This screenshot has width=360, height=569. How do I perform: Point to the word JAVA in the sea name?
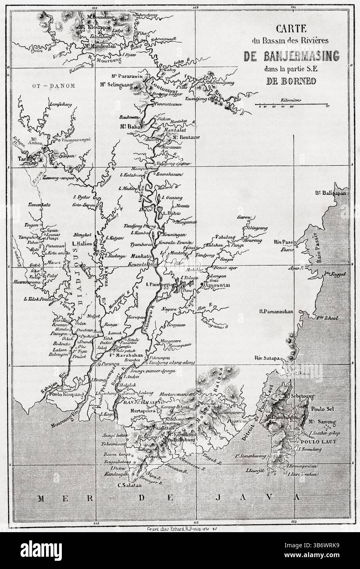click(281, 498)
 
